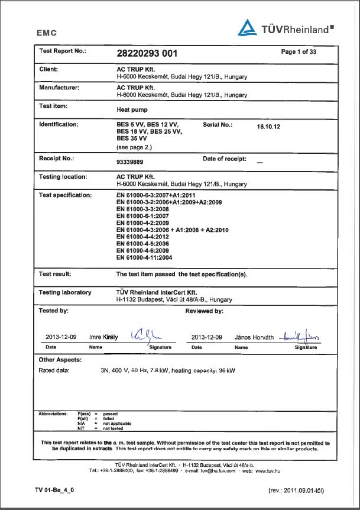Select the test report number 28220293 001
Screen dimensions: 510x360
click(x=147, y=53)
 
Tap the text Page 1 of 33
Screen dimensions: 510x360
click(x=299, y=52)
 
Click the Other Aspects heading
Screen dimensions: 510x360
click(x=60, y=359)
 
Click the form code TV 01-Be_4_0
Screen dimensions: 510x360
click(x=54, y=490)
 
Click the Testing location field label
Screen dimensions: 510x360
click(x=63, y=176)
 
